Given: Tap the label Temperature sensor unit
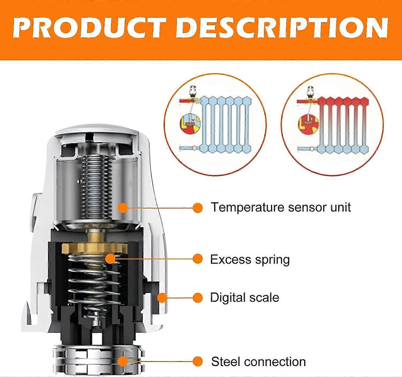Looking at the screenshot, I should click(x=281, y=207).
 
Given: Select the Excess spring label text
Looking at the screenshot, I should click(x=250, y=259).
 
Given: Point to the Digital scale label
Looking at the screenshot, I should click(x=244, y=298).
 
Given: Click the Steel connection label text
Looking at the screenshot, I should click(x=258, y=361).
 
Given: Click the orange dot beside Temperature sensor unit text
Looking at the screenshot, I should click(x=198, y=208).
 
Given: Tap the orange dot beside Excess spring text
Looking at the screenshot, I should click(x=198, y=259).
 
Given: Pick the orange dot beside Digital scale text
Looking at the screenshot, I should click(x=198, y=298).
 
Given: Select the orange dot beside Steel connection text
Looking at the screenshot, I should click(x=198, y=361).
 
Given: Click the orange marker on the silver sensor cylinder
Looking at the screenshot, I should click(x=123, y=208).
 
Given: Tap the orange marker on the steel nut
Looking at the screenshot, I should click(x=123, y=361).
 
